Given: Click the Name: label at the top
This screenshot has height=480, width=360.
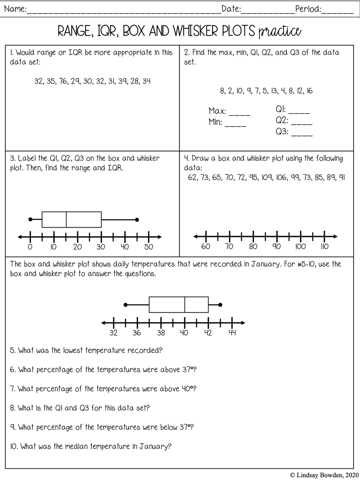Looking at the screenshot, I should [x=15, y=9].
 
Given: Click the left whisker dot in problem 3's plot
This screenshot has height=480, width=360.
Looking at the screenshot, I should [x=30, y=219].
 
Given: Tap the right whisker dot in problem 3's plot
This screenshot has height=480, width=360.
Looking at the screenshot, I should [x=137, y=219].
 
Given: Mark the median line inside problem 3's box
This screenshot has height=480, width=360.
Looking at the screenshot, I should [x=66, y=219].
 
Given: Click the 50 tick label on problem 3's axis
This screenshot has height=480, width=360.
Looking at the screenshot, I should [x=148, y=247].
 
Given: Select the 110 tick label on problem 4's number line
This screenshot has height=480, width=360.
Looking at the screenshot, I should [x=324, y=247].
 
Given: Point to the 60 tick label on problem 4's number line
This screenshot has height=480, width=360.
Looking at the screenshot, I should [x=206, y=247].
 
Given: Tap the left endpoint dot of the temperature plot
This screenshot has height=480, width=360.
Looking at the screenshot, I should [x=126, y=305].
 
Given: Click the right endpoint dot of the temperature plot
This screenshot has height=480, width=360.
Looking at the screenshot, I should [x=220, y=305].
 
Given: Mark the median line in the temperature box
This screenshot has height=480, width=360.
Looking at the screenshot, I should [x=185, y=305].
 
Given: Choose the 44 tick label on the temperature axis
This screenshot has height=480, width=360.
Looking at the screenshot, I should [x=232, y=333].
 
